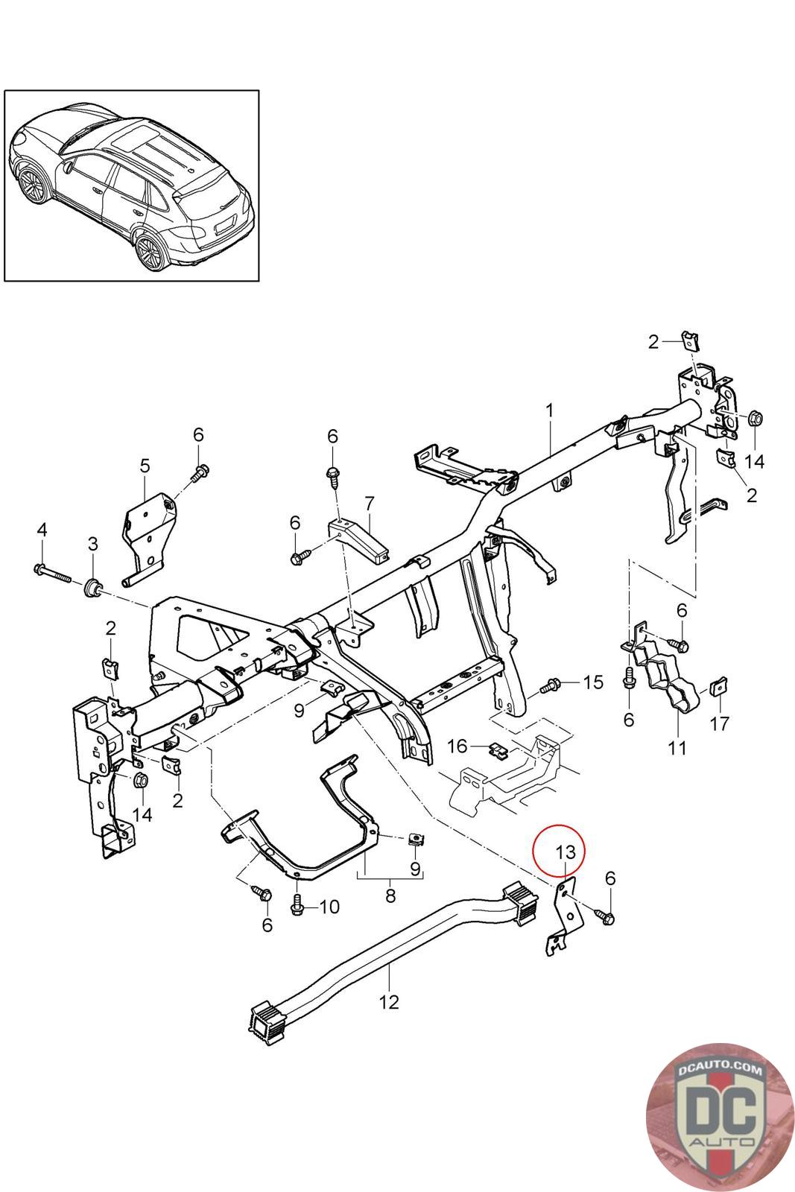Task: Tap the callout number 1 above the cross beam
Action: (x=549, y=410)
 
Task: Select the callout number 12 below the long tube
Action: (x=389, y=1001)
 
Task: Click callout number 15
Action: (x=592, y=682)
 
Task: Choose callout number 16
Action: (x=457, y=746)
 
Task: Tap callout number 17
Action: (x=720, y=723)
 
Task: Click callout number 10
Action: (x=329, y=907)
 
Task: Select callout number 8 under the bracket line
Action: (x=390, y=896)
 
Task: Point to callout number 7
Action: (x=368, y=504)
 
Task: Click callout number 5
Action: (x=145, y=466)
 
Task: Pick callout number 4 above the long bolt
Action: (x=42, y=530)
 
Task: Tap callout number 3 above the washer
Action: (x=92, y=544)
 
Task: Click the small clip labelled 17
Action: (x=720, y=685)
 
